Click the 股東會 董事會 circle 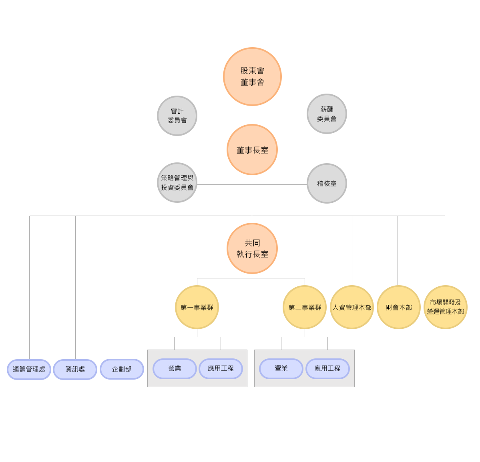tap(252, 76)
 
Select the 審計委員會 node tap(177, 116)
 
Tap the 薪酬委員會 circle tap(326, 114)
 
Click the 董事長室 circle tap(252, 150)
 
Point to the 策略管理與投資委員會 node tap(177, 183)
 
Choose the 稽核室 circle tap(326, 184)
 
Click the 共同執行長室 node tap(252, 248)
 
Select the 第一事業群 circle tap(197, 307)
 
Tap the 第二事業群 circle tap(304, 307)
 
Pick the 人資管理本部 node tap(352, 307)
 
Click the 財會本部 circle tap(398, 307)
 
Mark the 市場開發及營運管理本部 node tap(445, 307)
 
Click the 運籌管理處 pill tap(29, 369)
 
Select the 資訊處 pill tap(75, 369)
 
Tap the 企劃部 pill tap(122, 369)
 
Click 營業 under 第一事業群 tap(175, 368)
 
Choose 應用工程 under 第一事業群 tap(221, 368)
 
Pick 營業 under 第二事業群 tap(281, 368)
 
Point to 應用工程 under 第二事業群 tap(327, 368)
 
